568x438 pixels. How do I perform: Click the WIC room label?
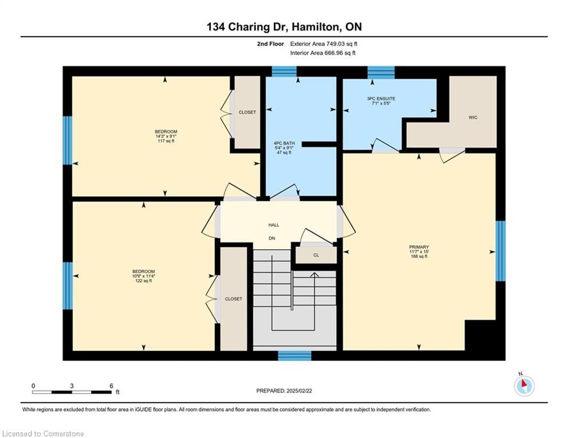(x=473, y=117)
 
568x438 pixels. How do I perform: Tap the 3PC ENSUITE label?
(x=381, y=99)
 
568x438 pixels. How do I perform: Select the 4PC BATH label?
(x=284, y=143)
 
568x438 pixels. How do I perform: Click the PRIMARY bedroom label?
(x=419, y=248)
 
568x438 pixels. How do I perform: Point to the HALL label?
(x=274, y=225)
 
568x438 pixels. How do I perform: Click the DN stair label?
(x=272, y=238)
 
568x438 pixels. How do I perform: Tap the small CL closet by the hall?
(x=316, y=255)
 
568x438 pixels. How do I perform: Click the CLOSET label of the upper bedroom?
(x=247, y=112)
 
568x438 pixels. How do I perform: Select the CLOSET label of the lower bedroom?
(x=233, y=299)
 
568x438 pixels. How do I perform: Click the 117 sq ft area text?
(x=166, y=141)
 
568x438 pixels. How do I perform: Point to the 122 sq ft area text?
(x=143, y=281)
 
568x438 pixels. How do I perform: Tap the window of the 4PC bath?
(x=284, y=71)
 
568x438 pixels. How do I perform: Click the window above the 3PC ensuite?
(x=381, y=72)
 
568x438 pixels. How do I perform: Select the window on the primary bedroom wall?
(x=500, y=251)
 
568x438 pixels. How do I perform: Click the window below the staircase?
(x=295, y=355)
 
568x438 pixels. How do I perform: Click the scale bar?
(x=72, y=392)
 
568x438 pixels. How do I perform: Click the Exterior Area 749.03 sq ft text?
(x=324, y=44)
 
